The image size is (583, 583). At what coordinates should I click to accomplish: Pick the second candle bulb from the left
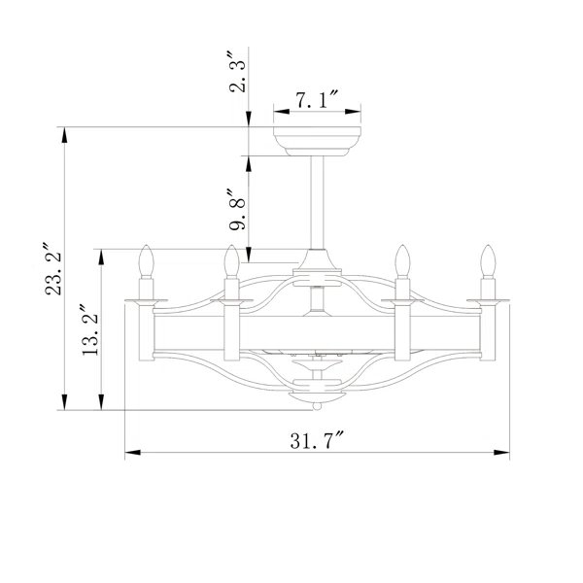[231, 260]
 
